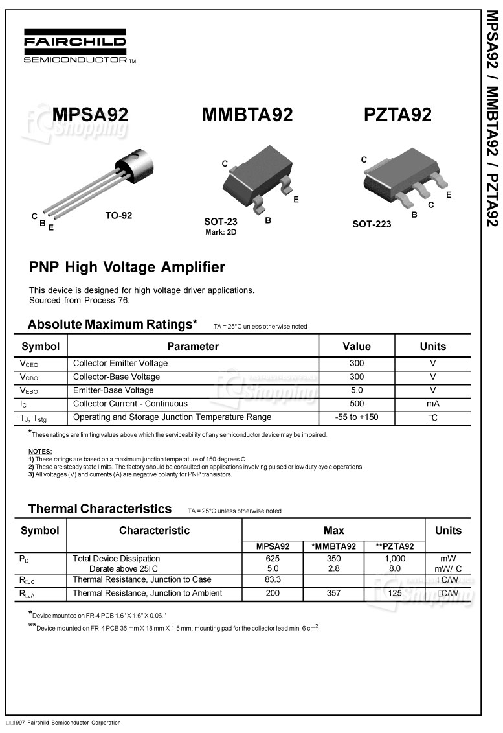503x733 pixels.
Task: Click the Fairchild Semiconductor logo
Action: [x=76, y=47]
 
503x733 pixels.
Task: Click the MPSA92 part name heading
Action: [x=90, y=115]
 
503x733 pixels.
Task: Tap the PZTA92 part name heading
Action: [x=397, y=115]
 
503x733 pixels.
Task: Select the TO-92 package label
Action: [x=118, y=216]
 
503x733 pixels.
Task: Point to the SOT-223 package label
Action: [x=372, y=224]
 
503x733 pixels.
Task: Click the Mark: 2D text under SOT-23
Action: [x=221, y=231]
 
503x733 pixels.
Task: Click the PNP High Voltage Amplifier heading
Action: [x=127, y=267]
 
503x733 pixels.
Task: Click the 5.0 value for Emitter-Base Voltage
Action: [x=356, y=390]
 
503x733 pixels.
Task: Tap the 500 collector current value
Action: [x=356, y=404]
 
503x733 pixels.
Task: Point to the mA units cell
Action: [x=432, y=404]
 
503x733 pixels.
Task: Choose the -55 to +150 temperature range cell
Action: [x=356, y=417]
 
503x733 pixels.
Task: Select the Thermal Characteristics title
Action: [x=100, y=509]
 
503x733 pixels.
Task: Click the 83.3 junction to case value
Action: [x=273, y=580]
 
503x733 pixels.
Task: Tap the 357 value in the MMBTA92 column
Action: [x=333, y=593]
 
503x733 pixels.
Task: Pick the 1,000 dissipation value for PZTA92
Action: [x=395, y=558]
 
